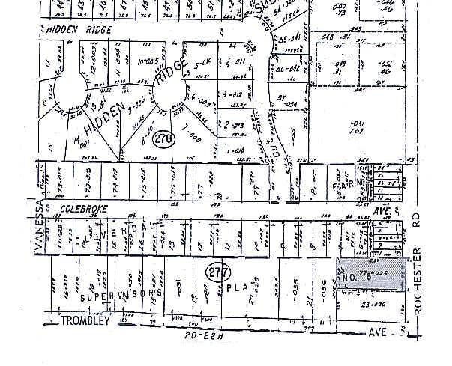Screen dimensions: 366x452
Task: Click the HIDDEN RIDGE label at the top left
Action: (x=79, y=29)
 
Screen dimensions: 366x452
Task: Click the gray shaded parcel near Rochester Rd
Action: (x=373, y=275)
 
